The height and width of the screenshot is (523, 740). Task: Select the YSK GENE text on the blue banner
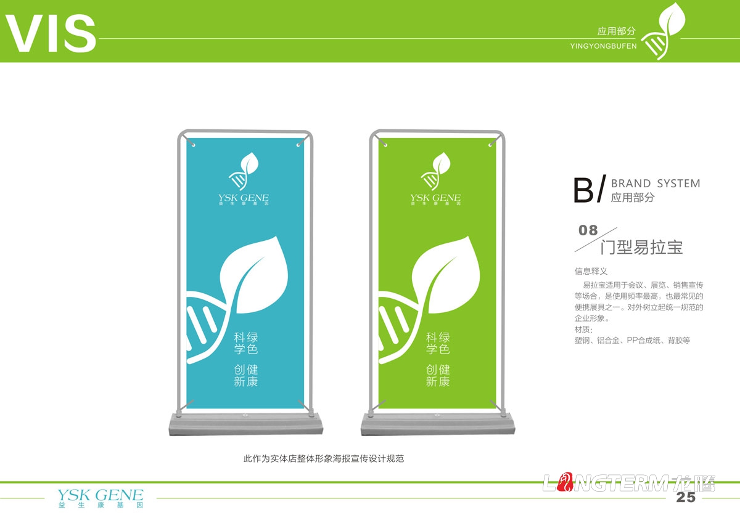point(244,198)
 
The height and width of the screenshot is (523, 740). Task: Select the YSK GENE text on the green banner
point(435,198)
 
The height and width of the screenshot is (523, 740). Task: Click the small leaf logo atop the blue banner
point(244,171)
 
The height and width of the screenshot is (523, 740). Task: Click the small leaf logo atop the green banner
point(435,171)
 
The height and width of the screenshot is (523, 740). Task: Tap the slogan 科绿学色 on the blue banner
point(245,343)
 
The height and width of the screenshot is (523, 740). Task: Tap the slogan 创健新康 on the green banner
point(438,375)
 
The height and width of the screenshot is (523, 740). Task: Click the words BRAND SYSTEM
point(655,184)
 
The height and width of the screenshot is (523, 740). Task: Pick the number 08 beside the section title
point(588,230)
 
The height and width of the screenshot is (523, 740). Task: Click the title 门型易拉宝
point(641,248)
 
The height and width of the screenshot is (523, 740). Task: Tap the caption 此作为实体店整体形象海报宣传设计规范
point(324,459)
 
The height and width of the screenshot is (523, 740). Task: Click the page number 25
point(686,498)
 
